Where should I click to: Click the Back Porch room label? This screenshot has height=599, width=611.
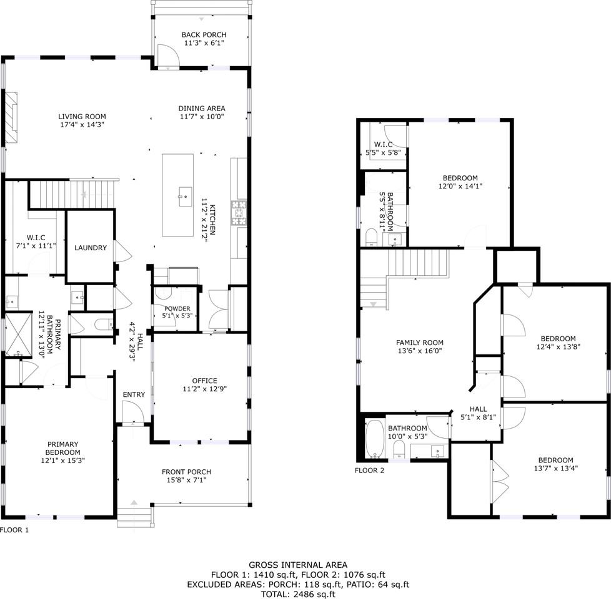204,35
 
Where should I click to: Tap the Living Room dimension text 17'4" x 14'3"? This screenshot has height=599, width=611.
82,125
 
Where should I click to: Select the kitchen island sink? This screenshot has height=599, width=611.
185,197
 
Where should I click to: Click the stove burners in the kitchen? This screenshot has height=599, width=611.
239,213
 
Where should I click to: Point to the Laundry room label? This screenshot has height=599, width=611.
91,248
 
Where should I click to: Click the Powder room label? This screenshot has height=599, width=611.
177,309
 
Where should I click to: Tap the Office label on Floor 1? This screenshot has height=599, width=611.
204,380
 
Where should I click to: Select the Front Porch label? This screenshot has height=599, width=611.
186,472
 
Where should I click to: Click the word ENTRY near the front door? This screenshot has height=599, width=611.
134,394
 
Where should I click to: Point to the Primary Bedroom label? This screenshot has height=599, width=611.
62,448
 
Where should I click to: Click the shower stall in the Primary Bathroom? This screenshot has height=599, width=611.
18,334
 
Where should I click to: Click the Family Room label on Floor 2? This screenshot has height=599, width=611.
420,343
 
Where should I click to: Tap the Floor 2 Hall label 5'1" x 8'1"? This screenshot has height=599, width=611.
478,413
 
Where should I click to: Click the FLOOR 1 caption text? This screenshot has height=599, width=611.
14,530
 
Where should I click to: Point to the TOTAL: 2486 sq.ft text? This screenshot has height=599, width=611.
298,594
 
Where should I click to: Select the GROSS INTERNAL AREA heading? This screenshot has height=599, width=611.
298,565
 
